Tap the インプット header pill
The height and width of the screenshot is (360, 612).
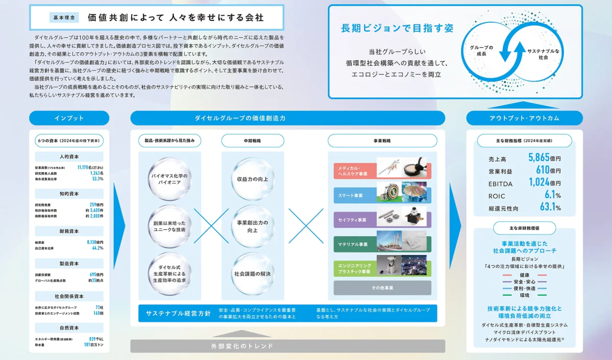click(69, 118)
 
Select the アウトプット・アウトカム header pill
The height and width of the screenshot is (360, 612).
click(524, 118)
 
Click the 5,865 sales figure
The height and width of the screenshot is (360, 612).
click(539, 158)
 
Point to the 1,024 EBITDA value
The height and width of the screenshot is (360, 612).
click(539, 183)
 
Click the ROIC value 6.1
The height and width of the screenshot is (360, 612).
click(549, 195)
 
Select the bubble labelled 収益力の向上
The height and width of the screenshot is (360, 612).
click(252, 179)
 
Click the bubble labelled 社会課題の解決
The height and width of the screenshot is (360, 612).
click(252, 274)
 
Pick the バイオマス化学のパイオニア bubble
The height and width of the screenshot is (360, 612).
click(169, 179)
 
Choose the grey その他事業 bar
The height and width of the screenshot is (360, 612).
click(382, 288)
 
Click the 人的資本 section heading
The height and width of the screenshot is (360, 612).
click(69, 157)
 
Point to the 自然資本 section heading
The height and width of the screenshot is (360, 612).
click(69, 328)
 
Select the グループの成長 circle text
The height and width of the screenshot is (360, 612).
click(481, 50)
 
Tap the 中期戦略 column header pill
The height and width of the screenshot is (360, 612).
click(252, 141)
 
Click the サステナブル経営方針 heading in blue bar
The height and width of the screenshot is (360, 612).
click(178, 313)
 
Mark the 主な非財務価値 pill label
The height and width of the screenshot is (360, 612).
click(524, 228)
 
